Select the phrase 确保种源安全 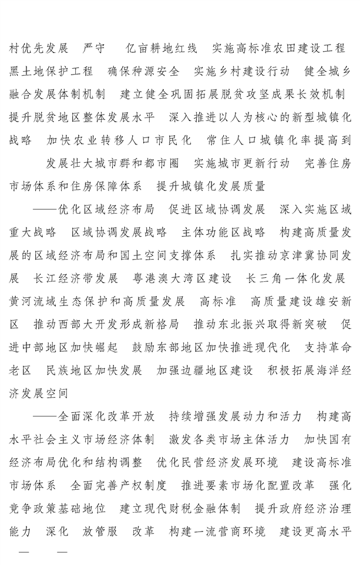143,71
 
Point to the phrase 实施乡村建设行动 242,71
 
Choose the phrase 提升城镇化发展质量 211,186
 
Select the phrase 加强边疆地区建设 204,371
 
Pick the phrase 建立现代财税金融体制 180,509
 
